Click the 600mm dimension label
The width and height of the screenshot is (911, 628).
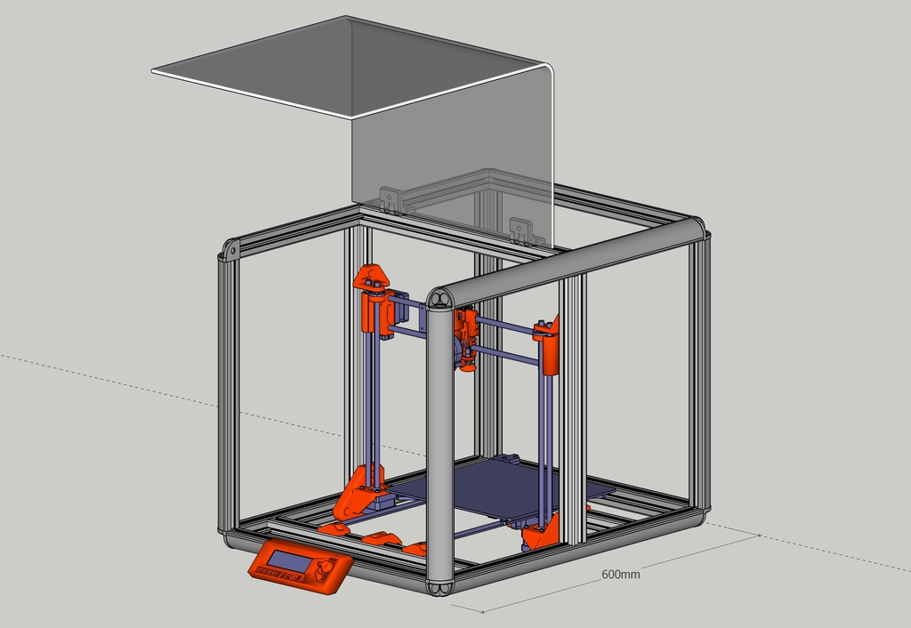[620, 575]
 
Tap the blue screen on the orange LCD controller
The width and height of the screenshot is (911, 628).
[289, 560]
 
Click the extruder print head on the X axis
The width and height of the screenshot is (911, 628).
[466, 342]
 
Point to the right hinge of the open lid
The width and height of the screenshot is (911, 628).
[521, 230]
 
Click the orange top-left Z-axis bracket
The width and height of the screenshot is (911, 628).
[374, 278]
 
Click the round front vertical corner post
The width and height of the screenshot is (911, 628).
[439, 445]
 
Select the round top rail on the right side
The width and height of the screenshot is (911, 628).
[569, 258]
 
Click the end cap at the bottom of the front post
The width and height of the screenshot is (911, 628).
[440, 588]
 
